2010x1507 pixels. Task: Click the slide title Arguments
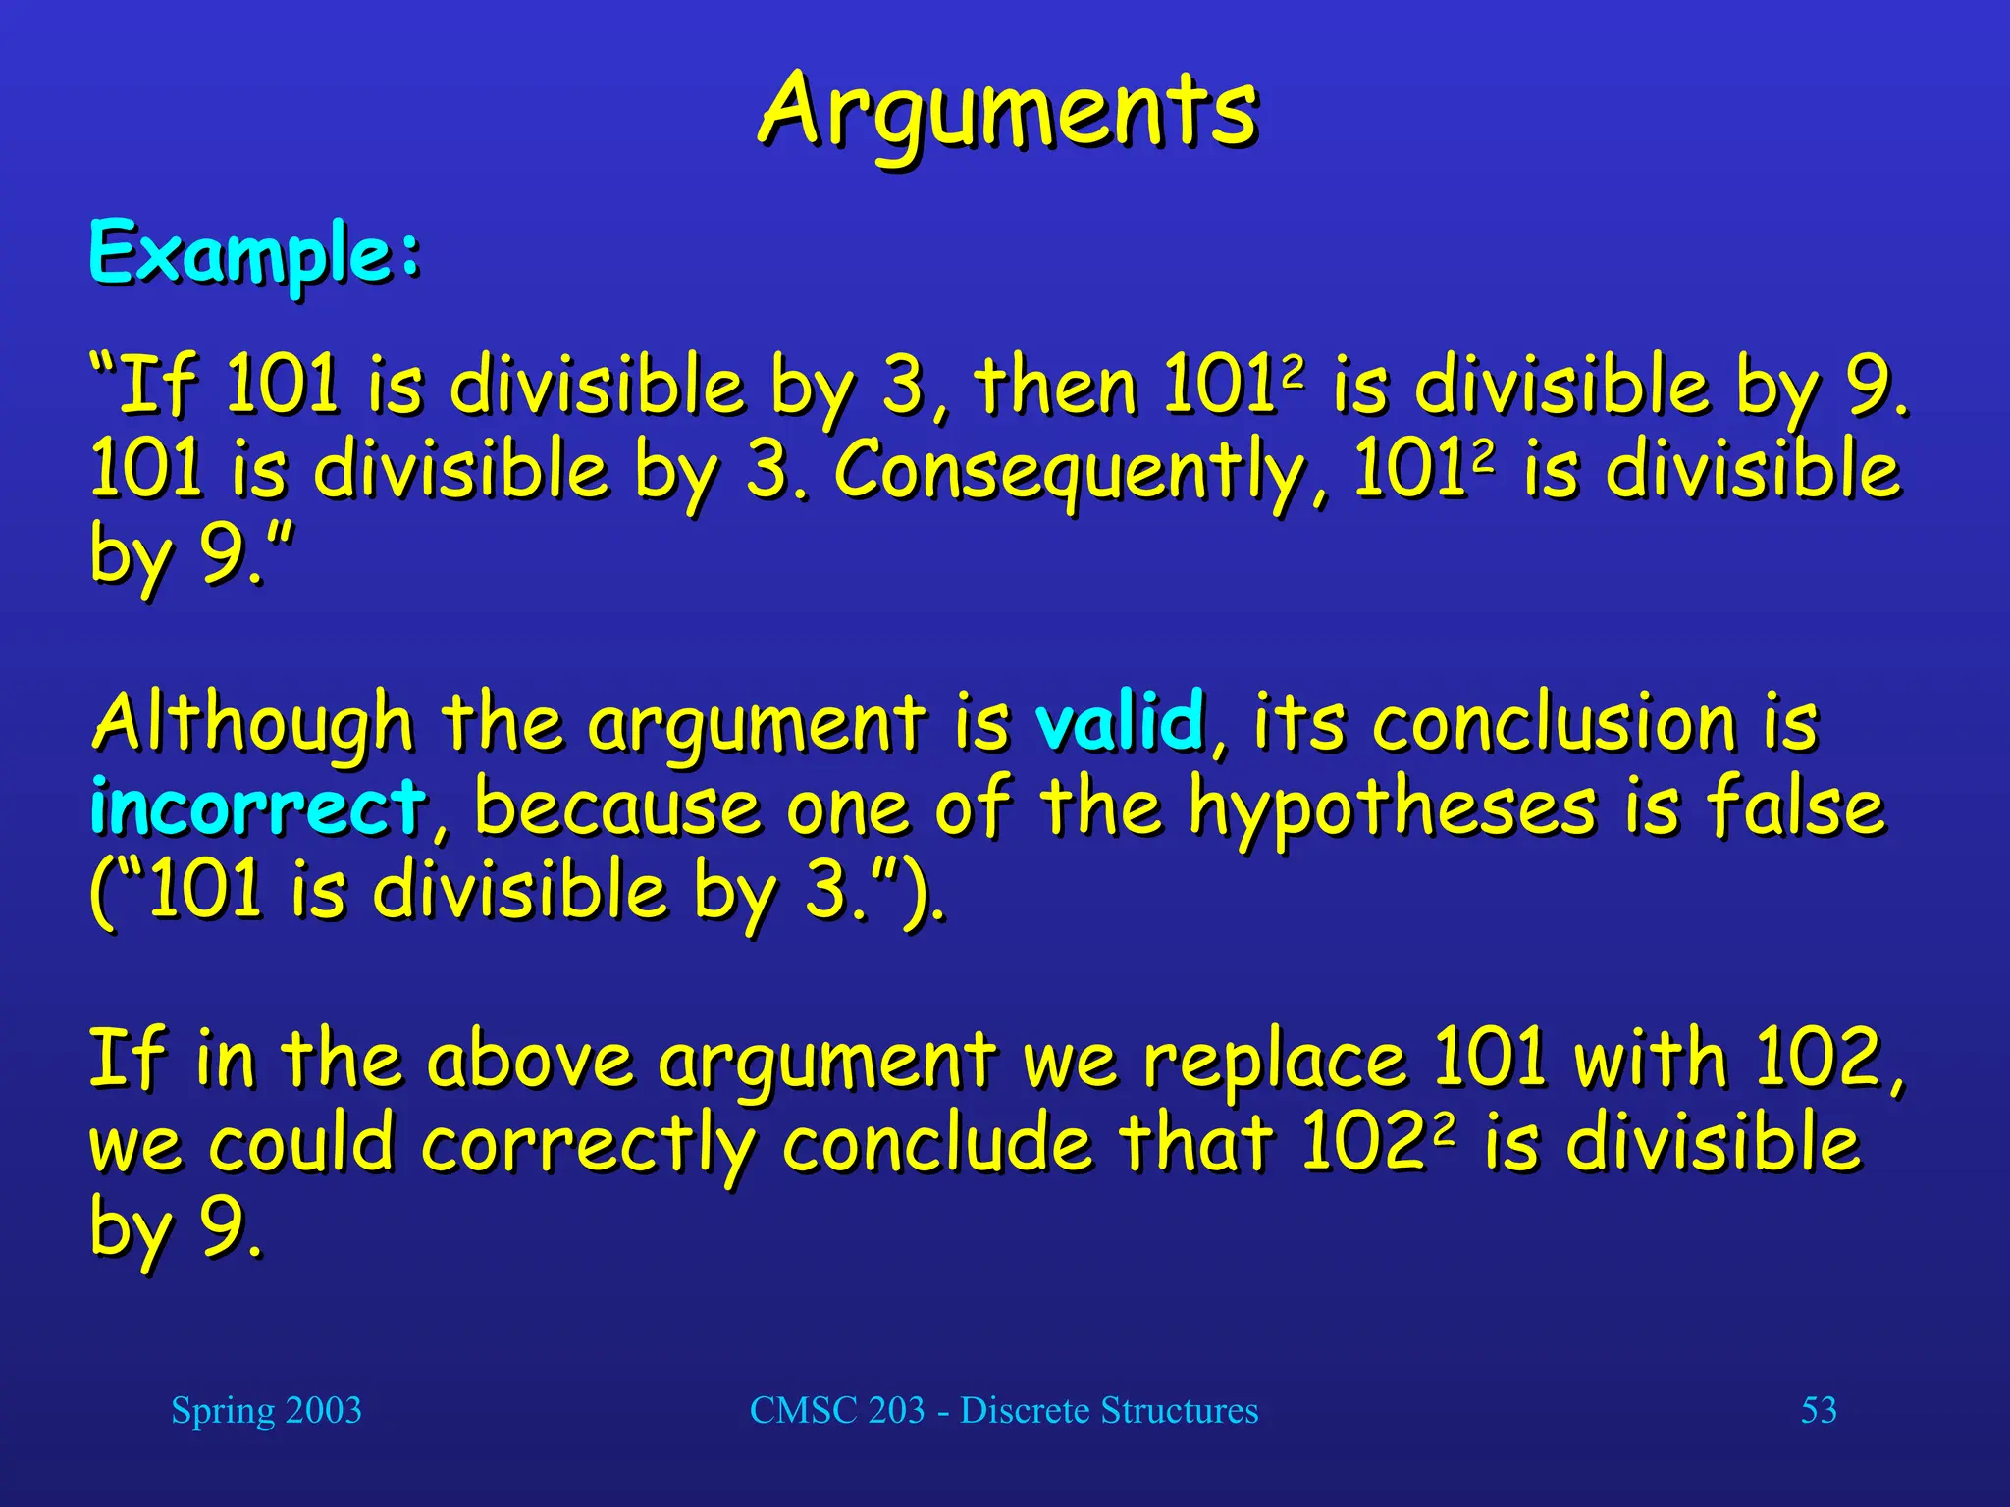[x=1007, y=113]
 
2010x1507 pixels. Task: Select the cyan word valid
[x=1120, y=721]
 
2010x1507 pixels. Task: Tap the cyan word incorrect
[x=257, y=806]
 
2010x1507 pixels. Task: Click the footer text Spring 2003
[x=266, y=1410]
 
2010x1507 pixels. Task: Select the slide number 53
[x=1818, y=1410]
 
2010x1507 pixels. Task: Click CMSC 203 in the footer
[x=836, y=1410]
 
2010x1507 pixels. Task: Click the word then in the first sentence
[x=1055, y=385]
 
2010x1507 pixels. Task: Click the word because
[x=616, y=806]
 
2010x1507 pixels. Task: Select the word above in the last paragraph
[x=531, y=1060]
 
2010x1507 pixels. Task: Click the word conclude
[x=936, y=1143]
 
